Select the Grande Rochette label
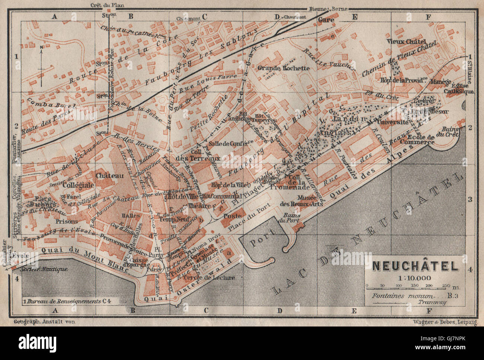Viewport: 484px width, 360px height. (283, 68)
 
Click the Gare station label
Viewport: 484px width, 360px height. (326, 19)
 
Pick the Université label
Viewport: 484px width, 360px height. (392, 122)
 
